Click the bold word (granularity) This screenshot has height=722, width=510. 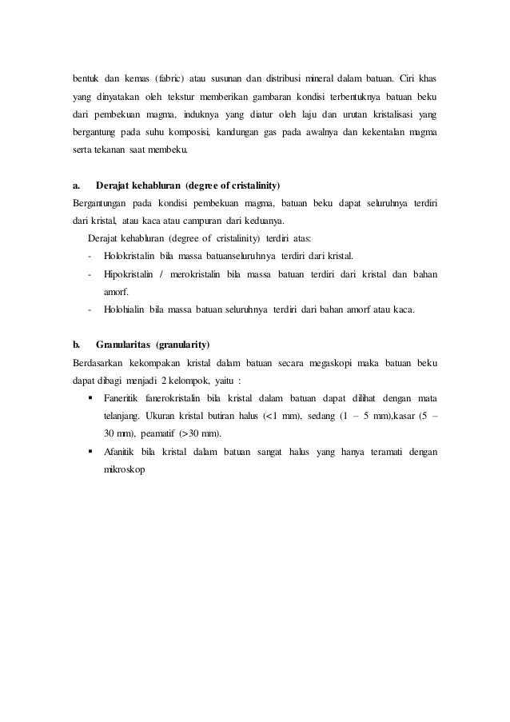click(182, 345)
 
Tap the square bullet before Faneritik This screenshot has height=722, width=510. click(90, 399)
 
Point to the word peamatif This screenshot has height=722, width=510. click(157, 434)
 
